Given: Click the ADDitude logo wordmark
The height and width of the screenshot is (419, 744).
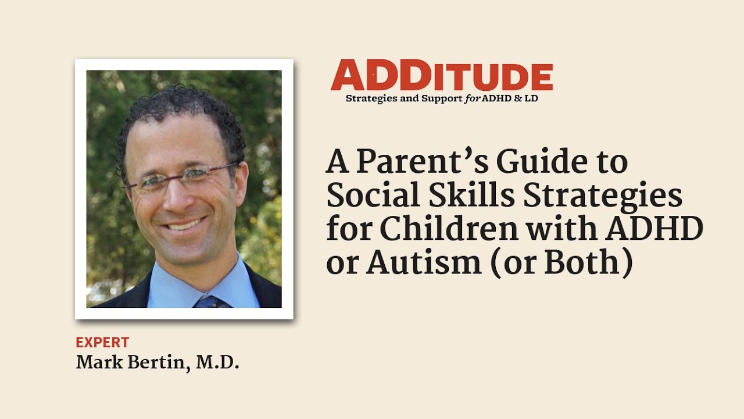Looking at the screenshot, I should point(442,76).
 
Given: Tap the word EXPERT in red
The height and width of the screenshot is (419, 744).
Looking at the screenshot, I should point(102,342).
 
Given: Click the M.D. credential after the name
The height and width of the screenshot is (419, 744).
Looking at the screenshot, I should point(217,363).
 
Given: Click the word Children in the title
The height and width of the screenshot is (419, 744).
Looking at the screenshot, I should point(449,229).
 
